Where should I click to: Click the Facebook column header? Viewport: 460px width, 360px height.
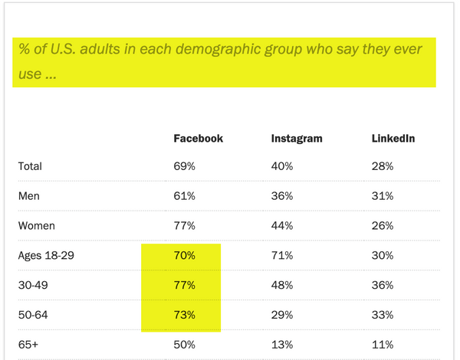point(198,139)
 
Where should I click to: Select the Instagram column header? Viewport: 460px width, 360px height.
point(297,139)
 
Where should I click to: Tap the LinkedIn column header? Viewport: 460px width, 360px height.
point(393,139)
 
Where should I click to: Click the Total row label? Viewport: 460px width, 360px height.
point(31,166)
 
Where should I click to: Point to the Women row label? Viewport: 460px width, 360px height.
point(37,226)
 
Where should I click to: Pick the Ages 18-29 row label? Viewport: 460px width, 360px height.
point(48,255)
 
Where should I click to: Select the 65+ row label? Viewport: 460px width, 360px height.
point(29,344)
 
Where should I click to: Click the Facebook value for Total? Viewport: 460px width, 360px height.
point(186,166)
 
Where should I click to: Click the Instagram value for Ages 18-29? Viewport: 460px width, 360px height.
point(283,255)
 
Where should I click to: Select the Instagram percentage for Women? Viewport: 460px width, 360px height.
point(283,226)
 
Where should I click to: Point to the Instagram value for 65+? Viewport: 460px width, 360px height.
point(283,344)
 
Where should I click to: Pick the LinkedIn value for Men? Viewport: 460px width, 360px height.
point(383,196)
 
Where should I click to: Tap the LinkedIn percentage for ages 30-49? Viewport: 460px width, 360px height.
point(383,285)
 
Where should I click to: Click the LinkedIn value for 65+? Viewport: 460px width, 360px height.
point(383,344)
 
